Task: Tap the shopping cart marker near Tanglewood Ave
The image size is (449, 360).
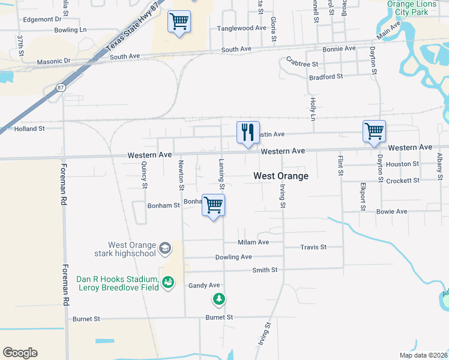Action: tap(179, 22)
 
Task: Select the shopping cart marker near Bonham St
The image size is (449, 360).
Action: tap(213, 206)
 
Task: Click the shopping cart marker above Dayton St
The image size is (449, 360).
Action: tap(374, 131)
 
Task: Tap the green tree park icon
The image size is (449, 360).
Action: tap(220, 298)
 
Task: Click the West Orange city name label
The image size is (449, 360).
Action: tap(281, 176)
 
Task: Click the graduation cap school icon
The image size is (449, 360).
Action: tap(164, 248)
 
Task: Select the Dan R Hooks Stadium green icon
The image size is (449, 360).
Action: tap(168, 281)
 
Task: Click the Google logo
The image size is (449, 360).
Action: tap(20, 353)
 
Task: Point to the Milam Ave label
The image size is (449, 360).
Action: tap(253, 242)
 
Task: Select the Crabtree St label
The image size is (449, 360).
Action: tap(303, 62)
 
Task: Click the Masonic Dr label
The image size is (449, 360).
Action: tap(54, 61)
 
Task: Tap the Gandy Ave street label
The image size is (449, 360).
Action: tap(205, 285)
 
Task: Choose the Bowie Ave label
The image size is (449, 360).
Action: tap(391, 211)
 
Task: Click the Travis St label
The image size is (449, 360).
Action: tap(313, 247)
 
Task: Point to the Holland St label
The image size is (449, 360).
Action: tap(29, 128)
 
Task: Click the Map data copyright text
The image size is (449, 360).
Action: tap(423, 355)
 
